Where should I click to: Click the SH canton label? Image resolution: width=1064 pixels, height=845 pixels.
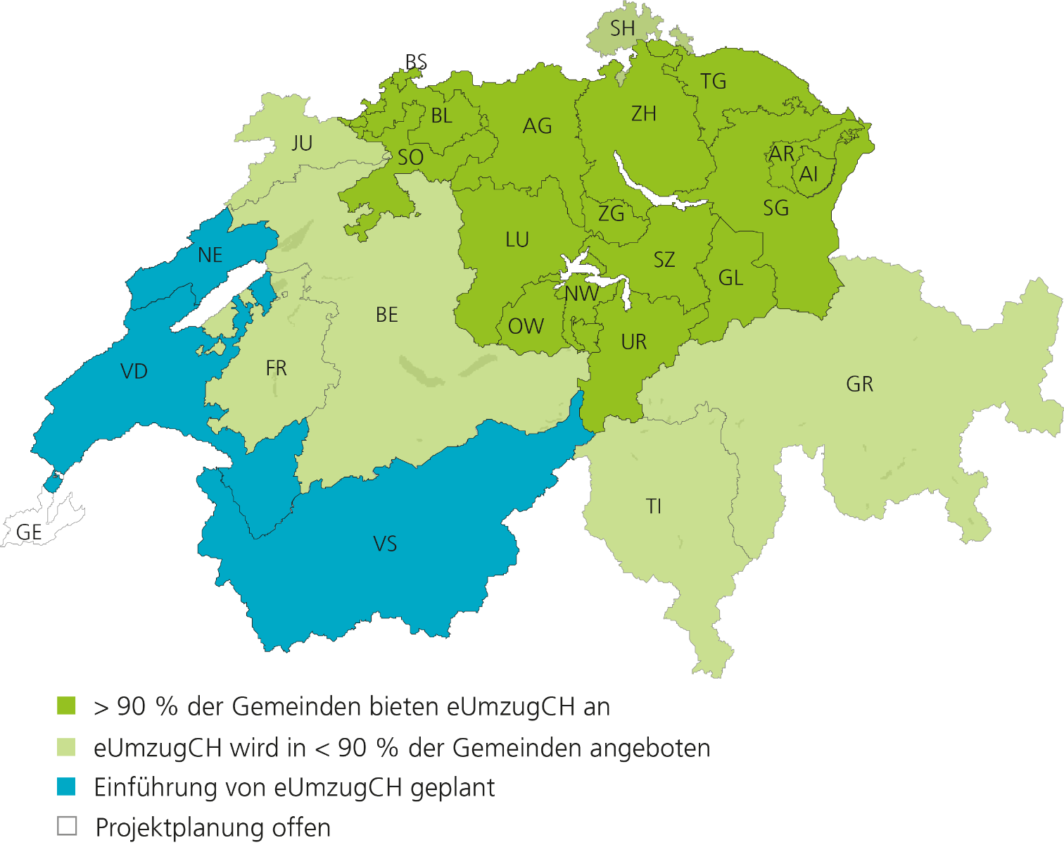pos(622,29)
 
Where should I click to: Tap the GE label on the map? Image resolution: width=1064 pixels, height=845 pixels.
pos(29,532)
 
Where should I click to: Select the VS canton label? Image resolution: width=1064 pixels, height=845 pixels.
pos(385,544)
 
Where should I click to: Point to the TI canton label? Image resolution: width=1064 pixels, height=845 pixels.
pos(654,506)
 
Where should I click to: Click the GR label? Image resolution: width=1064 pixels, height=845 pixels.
pos(859,384)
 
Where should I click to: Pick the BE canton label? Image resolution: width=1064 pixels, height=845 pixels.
pos(387,315)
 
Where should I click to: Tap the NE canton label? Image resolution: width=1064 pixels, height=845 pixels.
pos(210,255)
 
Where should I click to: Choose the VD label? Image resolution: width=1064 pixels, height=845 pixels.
pos(134,371)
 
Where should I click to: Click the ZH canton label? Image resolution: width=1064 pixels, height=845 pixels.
pos(643,113)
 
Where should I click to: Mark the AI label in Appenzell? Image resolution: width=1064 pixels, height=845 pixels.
pos(809,174)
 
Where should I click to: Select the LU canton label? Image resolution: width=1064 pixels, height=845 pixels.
pos(517,240)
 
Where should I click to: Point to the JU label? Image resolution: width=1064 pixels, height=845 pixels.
pos(302,144)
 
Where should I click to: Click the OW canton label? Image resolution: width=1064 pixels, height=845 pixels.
pos(526,326)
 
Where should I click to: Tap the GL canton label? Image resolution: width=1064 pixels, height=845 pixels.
pos(730,278)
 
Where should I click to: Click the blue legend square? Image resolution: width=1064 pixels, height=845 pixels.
pos(67,787)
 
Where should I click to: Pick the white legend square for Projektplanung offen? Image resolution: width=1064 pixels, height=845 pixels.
pos(67,826)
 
